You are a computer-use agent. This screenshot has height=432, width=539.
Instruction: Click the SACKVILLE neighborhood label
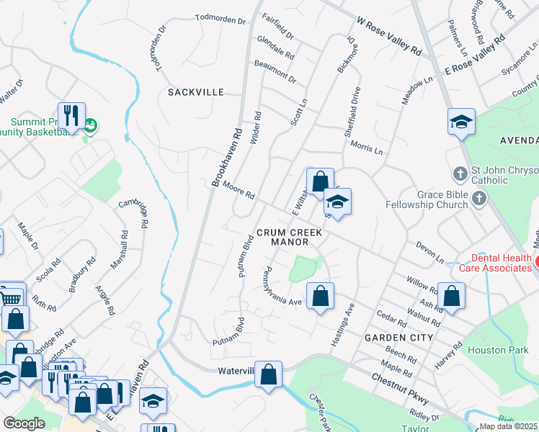[196, 92]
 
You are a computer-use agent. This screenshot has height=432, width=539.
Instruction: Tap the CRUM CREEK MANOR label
[289, 238]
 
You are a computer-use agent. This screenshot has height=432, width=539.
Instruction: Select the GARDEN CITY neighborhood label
[398, 337]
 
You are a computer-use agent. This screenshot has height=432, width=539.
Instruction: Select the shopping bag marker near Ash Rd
[451, 295]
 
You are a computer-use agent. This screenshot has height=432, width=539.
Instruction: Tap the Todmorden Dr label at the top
[220, 20]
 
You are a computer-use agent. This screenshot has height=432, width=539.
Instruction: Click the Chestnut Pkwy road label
[400, 389]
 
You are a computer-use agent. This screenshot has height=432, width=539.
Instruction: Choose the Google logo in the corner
[24, 423]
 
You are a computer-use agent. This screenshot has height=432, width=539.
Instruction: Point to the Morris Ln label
[367, 147]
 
